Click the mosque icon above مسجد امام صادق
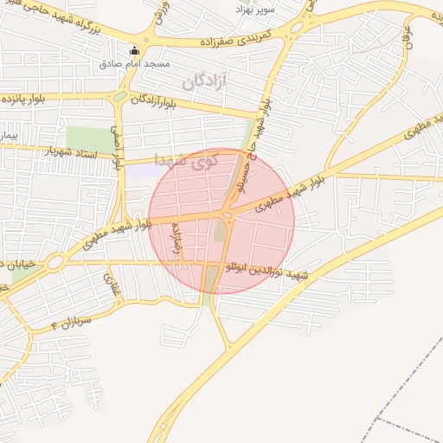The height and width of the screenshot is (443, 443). click(x=133, y=50)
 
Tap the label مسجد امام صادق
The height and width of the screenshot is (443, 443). click(x=134, y=64)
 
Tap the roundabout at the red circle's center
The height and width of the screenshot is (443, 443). click(x=227, y=214)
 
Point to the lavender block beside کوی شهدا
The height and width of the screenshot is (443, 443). click(x=140, y=169)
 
